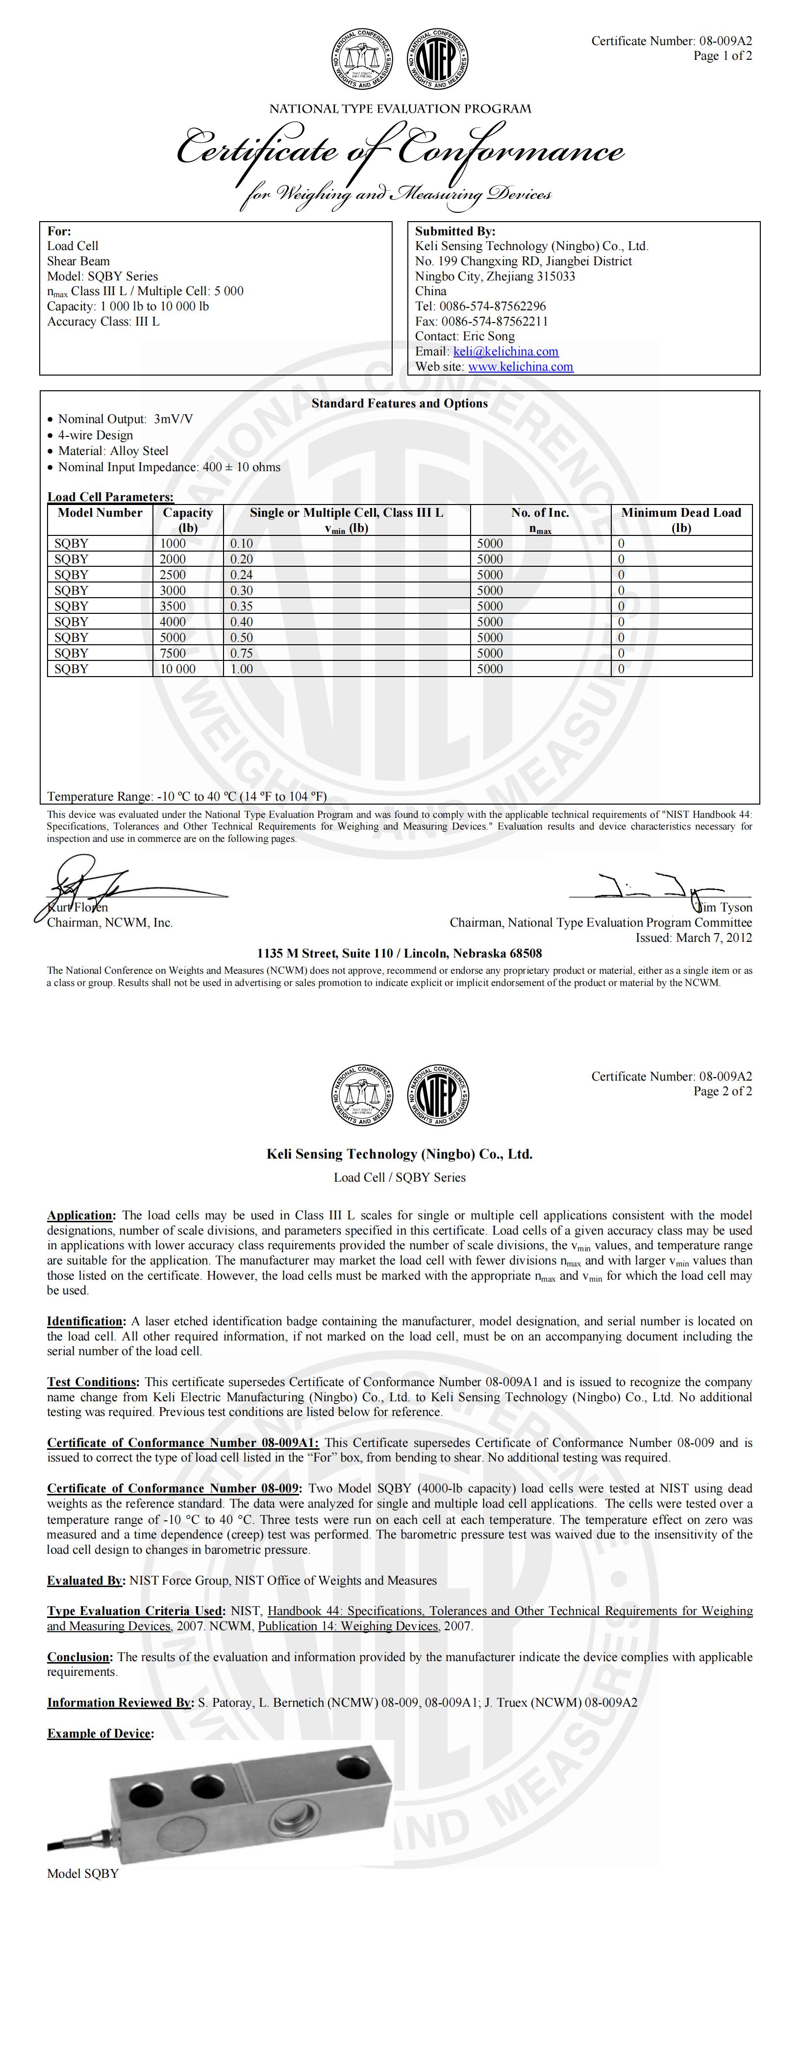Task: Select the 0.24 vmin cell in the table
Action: (x=241, y=575)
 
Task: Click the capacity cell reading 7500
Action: (x=173, y=653)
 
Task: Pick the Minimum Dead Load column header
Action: (x=681, y=519)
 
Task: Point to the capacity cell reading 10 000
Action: (x=177, y=669)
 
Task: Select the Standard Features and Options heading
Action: (x=400, y=404)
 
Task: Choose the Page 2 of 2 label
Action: (x=723, y=1091)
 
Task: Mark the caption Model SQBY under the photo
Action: (x=83, y=1873)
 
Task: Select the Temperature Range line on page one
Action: (x=187, y=797)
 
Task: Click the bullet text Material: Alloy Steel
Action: (x=113, y=451)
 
